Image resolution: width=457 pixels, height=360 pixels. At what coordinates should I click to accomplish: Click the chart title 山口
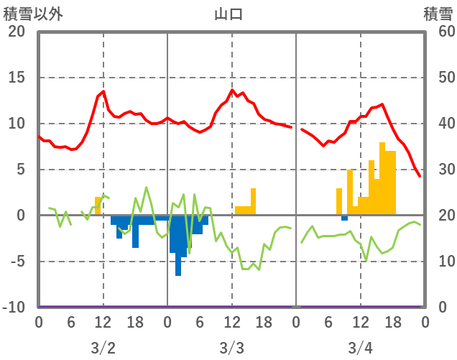pos(229,14)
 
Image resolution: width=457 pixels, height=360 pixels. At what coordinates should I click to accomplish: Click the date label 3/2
pos(103,349)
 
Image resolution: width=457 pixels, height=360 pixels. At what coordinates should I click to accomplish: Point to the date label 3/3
pos(231,349)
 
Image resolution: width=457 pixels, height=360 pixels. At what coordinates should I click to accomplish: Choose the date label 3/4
pos(360,349)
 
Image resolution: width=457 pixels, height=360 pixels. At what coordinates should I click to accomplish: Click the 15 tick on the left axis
pos(16,78)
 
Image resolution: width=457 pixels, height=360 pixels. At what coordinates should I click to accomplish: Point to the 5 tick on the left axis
pos(20,170)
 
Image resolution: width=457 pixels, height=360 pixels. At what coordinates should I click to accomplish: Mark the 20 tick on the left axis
pos(16,32)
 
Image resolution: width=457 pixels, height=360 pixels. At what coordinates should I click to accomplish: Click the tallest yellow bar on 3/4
pos(382,180)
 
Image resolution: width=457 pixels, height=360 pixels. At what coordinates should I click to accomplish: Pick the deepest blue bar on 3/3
pos(178,248)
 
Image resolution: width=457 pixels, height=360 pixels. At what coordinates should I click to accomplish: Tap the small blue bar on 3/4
pos(344,217)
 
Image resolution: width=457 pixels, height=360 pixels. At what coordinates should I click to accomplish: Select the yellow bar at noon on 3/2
pos(98,206)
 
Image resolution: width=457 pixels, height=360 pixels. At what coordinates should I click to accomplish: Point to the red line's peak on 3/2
pos(103,91)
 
